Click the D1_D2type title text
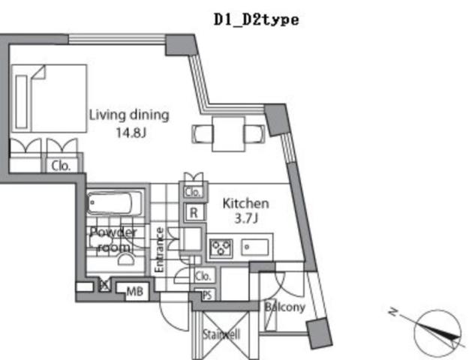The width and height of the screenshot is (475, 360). point(256,19)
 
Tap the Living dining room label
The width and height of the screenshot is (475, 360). point(129,115)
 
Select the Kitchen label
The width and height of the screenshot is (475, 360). point(245,203)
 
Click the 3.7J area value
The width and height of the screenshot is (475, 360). point(245,218)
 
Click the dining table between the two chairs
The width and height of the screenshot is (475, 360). point(229,133)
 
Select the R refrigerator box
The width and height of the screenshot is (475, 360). point(193,213)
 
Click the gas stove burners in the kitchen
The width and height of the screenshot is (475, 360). point(223,246)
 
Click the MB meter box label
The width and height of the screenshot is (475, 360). point(134,290)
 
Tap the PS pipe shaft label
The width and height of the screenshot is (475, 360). point(206,295)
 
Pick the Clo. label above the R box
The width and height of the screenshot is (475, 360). point(193,191)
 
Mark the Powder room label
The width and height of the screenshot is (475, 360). point(113,239)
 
